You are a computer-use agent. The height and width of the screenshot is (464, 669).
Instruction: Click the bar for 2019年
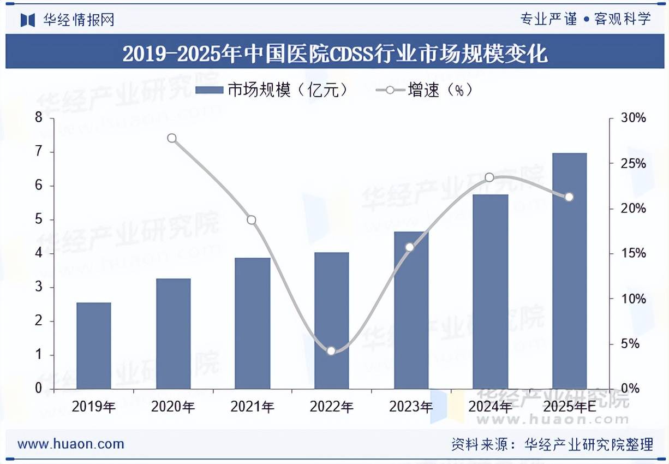[x=94, y=346]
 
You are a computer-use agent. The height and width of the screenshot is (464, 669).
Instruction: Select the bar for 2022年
[x=332, y=320]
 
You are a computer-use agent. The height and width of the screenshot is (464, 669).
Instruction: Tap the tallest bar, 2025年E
[x=569, y=271]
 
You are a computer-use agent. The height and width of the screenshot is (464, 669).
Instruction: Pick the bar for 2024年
[x=490, y=292]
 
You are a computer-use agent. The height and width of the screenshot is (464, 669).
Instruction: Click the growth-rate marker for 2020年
[x=172, y=138]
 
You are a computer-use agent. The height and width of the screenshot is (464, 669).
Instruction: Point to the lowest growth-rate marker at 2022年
[x=331, y=350]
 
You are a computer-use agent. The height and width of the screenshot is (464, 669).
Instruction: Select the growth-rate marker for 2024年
[x=489, y=177]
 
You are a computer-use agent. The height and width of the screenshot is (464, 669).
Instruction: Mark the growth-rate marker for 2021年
[x=252, y=220]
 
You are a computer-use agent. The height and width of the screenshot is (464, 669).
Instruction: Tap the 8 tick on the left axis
[x=39, y=118]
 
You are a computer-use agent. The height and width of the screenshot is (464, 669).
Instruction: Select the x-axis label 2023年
[x=411, y=407]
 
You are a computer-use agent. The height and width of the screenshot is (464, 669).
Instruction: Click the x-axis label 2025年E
[x=569, y=407]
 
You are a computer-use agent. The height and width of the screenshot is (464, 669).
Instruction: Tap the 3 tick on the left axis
[x=39, y=287]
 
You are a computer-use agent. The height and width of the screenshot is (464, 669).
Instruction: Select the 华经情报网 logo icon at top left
[x=28, y=20]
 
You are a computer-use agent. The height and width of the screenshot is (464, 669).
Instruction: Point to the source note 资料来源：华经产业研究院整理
[x=552, y=444]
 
